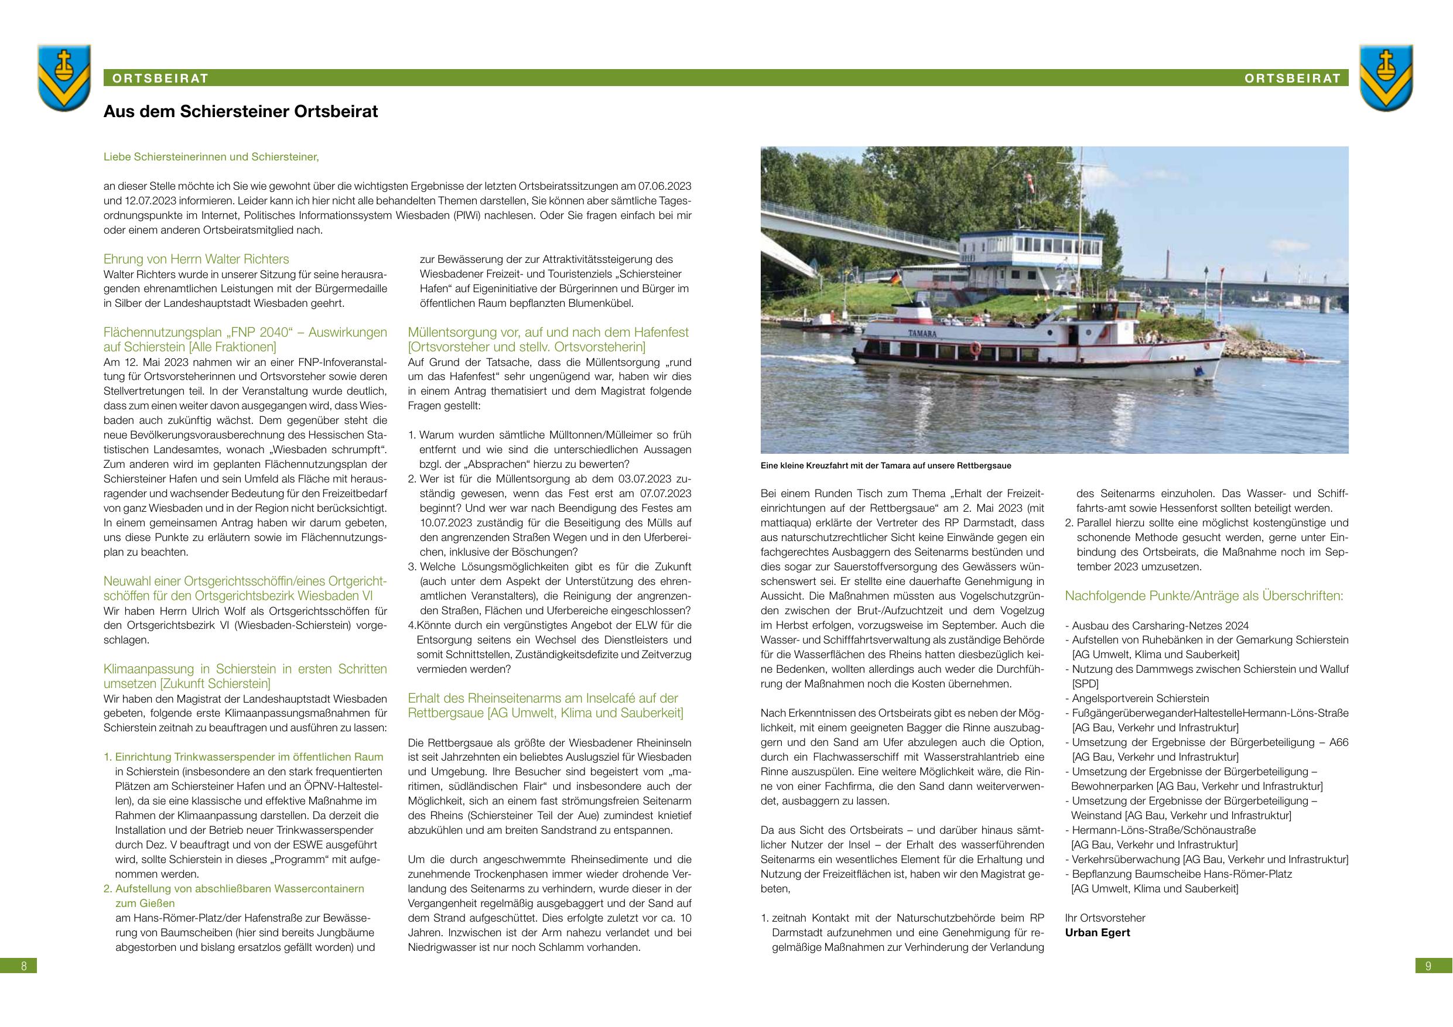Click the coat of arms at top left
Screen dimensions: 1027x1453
pos(64,77)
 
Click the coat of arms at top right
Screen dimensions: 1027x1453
pos(1386,77)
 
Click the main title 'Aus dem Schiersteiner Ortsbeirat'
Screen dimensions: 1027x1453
pos(241,112)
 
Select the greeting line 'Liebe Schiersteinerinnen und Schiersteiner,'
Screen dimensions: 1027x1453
pos(211,156)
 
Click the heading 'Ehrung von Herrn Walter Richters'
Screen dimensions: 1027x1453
pos(196,259)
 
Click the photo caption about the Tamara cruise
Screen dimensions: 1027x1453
pos(886,465)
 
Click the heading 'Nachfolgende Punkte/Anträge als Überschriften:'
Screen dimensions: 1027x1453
pos(1204,596)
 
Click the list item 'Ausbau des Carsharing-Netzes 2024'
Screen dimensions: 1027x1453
pos(1160,626)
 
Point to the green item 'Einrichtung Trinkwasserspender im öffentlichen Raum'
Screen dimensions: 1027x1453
pos(249,757)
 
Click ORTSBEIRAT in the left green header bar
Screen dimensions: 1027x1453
pos(160,78)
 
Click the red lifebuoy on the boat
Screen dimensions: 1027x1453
pos(975,347)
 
